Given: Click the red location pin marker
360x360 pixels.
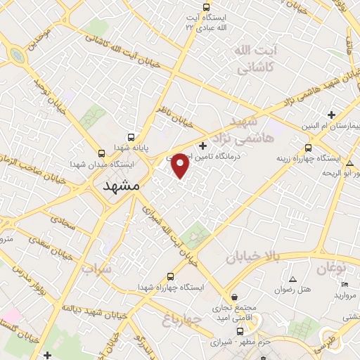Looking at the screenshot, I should tap(181, 165).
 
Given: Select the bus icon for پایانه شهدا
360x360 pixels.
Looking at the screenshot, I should tap(130, 138).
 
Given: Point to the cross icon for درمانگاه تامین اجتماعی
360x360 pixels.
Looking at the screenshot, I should tap(203, 146).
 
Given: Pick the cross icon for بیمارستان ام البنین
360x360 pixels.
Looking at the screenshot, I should tap(331, 115).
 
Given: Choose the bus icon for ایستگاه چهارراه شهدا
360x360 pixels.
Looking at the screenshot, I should tap(169, 276).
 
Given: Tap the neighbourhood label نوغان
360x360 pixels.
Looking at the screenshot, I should tap(332, 268).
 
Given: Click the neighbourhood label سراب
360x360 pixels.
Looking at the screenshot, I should tap(96, 269).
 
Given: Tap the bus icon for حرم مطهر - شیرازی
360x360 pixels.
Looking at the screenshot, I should tap(240, 331).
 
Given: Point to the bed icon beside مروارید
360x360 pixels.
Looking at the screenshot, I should tap(344, 284).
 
